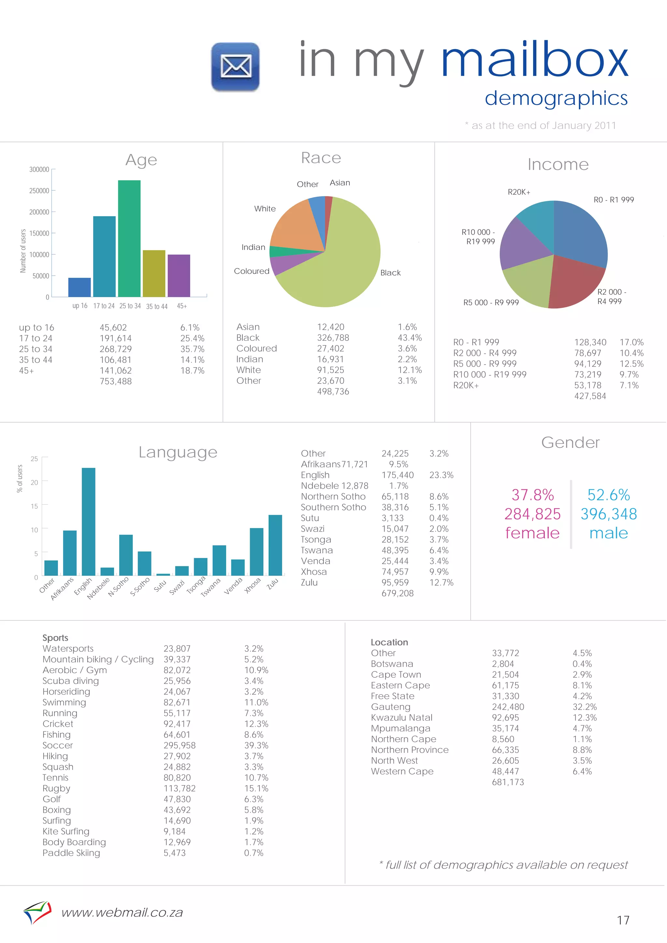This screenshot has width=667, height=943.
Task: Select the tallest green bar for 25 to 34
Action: pyautogui.click(x=129, y=238)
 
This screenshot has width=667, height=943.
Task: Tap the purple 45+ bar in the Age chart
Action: pyautogui.click(x=179, y=276)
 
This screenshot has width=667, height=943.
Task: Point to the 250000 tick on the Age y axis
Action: pyautogui.click(x=39, y=190)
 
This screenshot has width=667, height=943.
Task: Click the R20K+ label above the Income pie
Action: pyautogui.click(x=518, y=192)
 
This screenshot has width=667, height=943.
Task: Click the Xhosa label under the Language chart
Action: pyautogui.click(x=252, y=585)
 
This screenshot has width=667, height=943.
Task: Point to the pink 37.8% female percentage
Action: pyautogui.click(x=532, y=495)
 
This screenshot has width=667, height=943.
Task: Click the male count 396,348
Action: pyautogui.click(x=609, y=514)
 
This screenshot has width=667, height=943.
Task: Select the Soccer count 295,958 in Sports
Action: pyautogui.click(x=179, y=745)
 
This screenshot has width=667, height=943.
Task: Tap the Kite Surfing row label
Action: pyautogui.click(x=66, y=831)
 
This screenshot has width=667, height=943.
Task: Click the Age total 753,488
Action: pyautogui.click(x=116, y=381)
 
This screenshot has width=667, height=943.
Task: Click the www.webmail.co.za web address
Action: pyautogui.click(x=122, y=913)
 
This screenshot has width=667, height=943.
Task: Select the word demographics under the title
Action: pyautogui.click(x=556, y=99)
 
